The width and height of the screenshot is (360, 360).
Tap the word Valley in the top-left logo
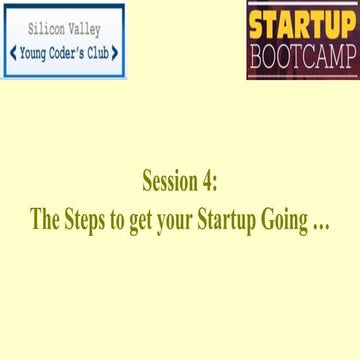point(85,30)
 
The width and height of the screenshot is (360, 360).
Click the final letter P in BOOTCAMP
point(346,57)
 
